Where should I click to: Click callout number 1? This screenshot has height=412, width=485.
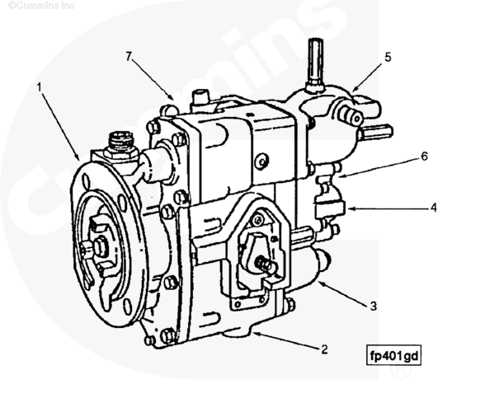(x=39, y=87)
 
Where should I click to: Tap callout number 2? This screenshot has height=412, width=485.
(x=324, y=349)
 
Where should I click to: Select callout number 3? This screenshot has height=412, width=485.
(x=374, y=306)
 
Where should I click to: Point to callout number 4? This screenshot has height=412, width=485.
(x=434, y=208)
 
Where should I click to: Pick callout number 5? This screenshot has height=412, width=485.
(x=388, y=57)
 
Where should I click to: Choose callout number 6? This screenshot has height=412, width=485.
(x=424, y=157)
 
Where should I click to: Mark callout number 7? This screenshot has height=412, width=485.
(x=129, y=57)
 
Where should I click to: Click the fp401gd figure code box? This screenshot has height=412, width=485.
(x=393, y=355)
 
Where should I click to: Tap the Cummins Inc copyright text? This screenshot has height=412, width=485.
(x=41, y=5)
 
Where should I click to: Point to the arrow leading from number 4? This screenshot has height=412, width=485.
(x=389, y=208)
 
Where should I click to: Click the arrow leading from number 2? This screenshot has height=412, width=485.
(x=285, y=340)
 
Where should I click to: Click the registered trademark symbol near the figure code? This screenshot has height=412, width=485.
(x=401, y=370)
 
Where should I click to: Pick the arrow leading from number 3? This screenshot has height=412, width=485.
(x=343, y=293)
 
